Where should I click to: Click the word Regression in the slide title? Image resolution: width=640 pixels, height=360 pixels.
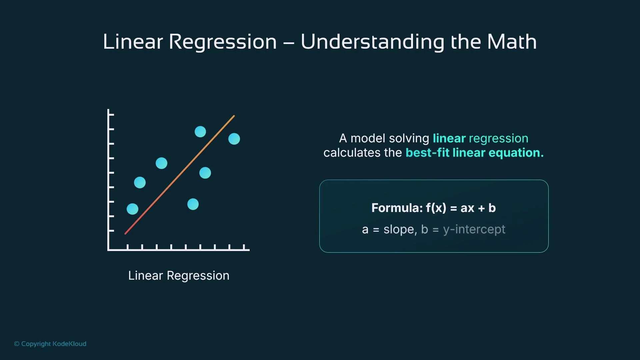223,42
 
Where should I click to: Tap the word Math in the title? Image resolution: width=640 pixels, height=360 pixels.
512,42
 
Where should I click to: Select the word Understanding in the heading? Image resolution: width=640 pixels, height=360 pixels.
372,42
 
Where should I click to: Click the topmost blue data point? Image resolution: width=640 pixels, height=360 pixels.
200,132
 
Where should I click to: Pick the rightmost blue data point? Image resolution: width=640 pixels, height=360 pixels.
234,139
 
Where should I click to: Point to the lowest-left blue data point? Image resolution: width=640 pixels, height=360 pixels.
132,209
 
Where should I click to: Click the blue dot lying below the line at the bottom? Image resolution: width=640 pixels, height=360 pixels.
193,204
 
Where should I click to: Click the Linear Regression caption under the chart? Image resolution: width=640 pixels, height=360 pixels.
179,276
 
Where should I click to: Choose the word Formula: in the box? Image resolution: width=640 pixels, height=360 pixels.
397,208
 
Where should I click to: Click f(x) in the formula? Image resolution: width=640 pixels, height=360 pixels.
436,208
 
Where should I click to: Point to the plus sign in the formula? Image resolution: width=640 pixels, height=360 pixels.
481,208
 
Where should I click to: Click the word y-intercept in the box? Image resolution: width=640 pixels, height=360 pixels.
474,229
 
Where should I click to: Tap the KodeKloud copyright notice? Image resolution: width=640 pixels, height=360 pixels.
50,344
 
